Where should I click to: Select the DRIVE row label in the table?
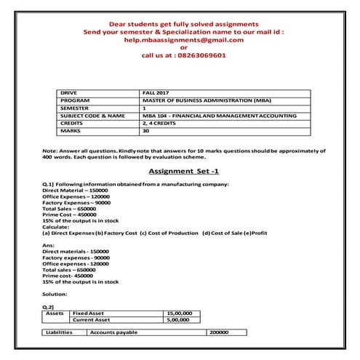point(69,94)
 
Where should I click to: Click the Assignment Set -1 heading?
point(180,172)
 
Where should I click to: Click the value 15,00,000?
point(180,312)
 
